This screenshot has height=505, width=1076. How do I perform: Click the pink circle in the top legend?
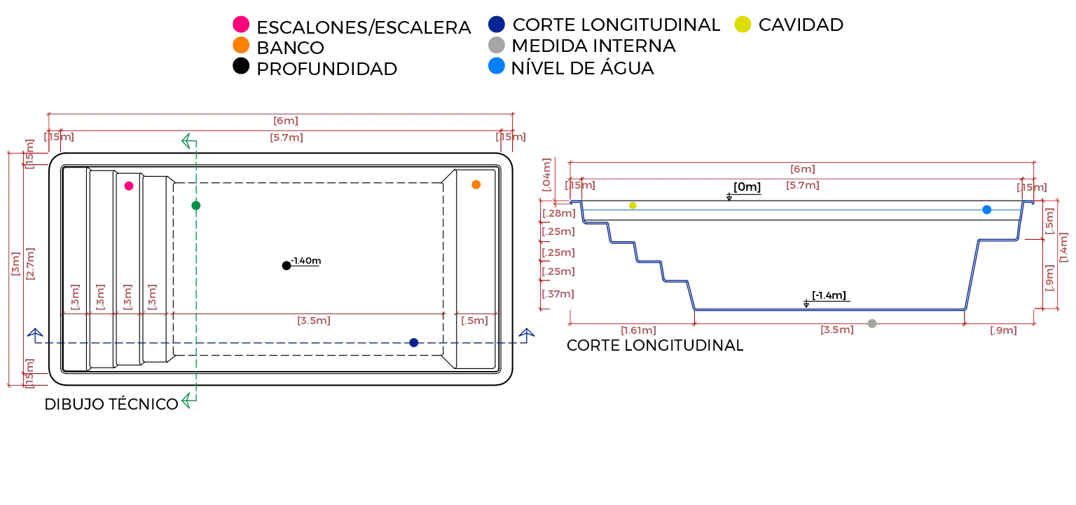[x=240, y=25]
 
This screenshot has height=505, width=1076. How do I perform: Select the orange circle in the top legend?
[x=240, y=46]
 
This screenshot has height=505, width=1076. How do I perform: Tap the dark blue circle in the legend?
[x=497, y=24]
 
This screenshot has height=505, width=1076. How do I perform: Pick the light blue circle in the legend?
[x=497, y=66]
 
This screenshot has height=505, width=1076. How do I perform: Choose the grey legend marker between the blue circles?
[x=497, y=45]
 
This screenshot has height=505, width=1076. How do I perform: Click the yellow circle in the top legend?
[x=743, y=24]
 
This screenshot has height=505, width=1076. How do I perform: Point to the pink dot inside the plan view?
[x=129, y=186]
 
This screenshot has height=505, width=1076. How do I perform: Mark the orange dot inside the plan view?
[x=476, y=185]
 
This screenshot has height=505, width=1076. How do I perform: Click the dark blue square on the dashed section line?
[x=414, y=342]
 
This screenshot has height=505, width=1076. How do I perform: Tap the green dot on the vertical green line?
[x=196, y=206]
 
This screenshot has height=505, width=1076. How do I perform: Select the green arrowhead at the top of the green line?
[x=186, y=140]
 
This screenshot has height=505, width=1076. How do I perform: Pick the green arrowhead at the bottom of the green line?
[x=186, y=400]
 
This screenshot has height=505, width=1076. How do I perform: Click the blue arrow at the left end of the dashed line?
[x=34, y=335]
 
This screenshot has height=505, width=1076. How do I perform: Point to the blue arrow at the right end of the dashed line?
[x=526, y=335]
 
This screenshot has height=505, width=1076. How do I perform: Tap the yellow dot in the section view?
[x=633, y=206]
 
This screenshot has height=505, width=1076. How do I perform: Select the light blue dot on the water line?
[x=986, y=210]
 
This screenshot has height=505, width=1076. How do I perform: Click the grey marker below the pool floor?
[x=872, y=322]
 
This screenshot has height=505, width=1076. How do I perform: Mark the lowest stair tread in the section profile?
[x=676, y=281]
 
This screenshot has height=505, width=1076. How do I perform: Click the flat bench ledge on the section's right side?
[x=998, y=241]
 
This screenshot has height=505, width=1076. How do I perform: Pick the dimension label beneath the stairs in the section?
[x=635, y=330]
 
